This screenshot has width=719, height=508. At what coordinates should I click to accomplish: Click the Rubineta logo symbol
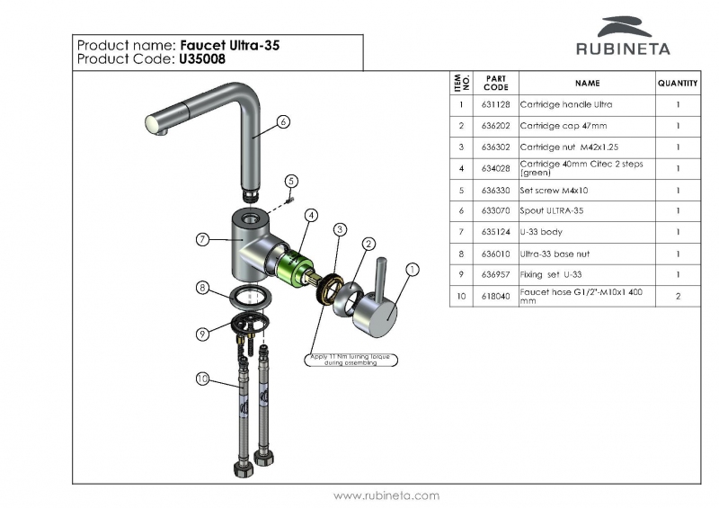(x=626, y=26)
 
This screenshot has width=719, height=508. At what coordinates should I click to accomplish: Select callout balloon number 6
(x=283, y=121)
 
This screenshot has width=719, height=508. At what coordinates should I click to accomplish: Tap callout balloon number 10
(x=203, y=379)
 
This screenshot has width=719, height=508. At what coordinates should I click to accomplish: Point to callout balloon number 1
(x=413, y=269)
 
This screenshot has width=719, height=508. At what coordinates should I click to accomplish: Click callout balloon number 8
(x=204, y=288)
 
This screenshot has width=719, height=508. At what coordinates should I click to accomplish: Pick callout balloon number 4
(x=310, y=215)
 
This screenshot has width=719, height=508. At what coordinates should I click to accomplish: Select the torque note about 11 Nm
(x=353, y=361)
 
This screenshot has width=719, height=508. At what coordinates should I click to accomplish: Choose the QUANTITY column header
(x=678, y=83)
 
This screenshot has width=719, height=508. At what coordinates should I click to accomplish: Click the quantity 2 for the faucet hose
(x=678, y=296)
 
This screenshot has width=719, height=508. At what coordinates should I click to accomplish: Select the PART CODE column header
(x=495, y=83)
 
